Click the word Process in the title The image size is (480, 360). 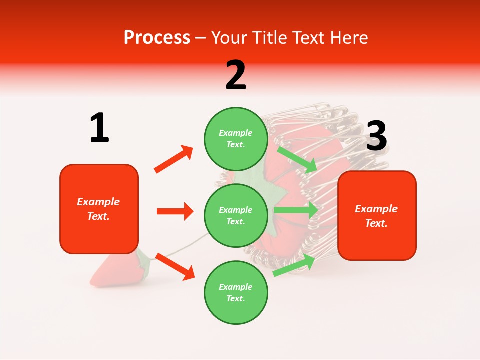[157, 37]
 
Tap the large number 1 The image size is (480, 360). [99, 128]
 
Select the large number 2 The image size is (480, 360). [236, 75]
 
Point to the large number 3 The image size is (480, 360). [376, 136]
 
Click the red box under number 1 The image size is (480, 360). [99, 209]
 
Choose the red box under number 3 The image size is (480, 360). [377, 215]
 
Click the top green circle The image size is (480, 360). [235, 138]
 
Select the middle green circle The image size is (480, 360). [235, 215]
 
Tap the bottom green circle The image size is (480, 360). [235, 292]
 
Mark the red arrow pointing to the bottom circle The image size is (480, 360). [175, 266]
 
